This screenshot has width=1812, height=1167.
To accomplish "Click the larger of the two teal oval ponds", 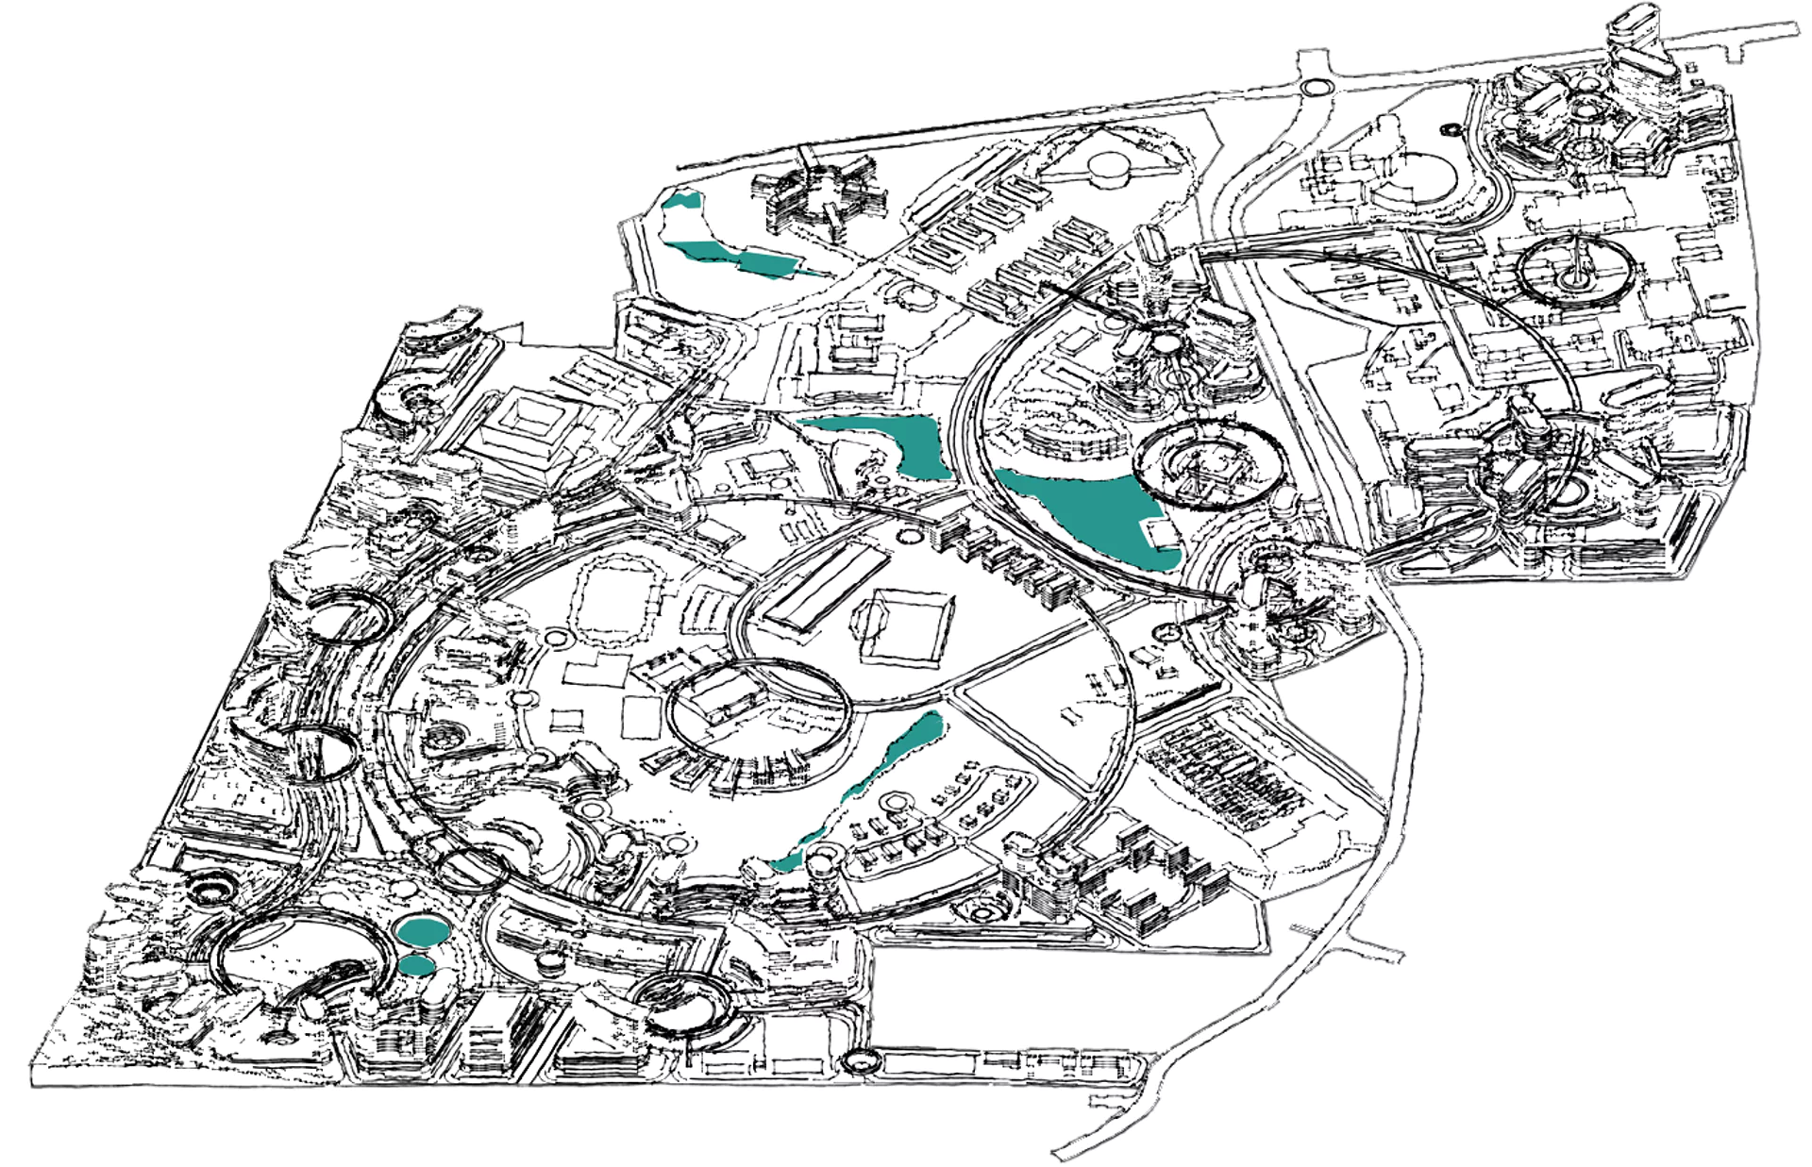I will (422, 930).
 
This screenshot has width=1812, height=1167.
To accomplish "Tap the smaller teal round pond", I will (416, 965).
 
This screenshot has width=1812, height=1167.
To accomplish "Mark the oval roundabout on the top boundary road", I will (1313, 87).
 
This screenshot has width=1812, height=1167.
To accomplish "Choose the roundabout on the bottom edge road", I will (862, 1059).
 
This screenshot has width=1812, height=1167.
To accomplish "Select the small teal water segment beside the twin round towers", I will (787, 859).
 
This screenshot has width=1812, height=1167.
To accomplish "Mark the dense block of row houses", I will (1227, 774).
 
